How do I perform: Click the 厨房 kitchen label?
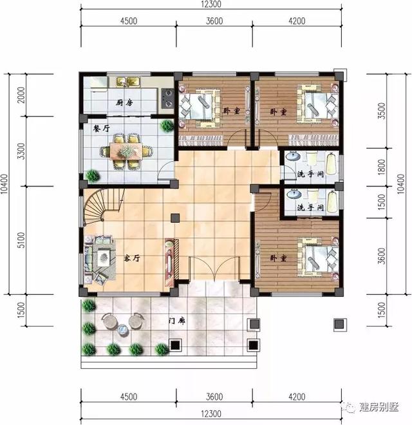pos(124,103)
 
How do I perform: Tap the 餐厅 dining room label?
pos(101,127)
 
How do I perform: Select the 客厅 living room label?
pos(132,258)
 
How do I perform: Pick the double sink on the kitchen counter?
pos(127,82)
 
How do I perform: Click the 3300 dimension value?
pos(21,152)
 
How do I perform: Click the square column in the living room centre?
pos(175,218)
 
